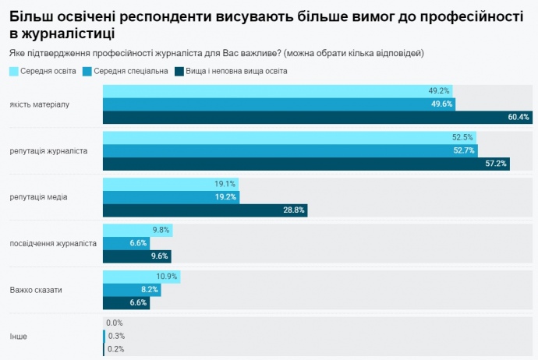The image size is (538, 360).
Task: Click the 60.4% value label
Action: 519,118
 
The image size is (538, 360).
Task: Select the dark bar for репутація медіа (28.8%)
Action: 205,210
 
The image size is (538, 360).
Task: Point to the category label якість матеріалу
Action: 41,104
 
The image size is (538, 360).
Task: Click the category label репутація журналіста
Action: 48,150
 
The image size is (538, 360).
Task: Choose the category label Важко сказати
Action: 36,291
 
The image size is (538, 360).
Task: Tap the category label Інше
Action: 19,337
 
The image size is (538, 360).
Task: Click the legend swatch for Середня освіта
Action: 15,72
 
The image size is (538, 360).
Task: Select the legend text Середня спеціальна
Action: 136,72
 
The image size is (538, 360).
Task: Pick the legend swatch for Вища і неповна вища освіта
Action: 179,72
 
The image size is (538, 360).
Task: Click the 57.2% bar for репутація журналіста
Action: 306,164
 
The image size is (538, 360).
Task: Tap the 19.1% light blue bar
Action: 170,184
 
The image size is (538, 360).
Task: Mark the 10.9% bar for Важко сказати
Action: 141,277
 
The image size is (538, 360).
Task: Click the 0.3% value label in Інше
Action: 115,337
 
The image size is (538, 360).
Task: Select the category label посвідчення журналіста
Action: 53,243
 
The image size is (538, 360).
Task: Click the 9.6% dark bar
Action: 136,256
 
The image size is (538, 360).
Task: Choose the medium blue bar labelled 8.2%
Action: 132,290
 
